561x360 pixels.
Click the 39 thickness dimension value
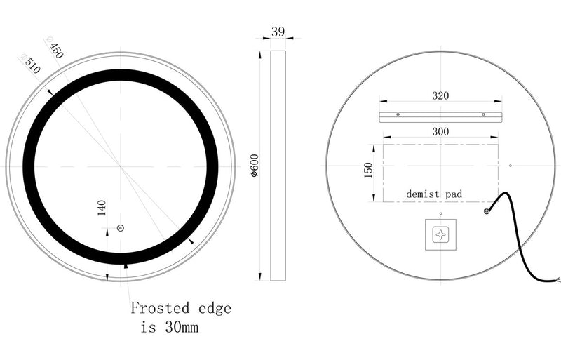278,32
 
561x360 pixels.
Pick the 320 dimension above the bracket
440,95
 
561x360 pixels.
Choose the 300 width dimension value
440,131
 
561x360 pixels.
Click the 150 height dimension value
369,171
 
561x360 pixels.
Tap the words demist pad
434,193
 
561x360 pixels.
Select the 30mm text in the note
186,328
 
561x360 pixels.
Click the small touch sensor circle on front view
120,227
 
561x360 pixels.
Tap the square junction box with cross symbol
441,234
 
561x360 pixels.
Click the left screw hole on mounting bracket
398,114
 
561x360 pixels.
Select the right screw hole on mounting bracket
483,114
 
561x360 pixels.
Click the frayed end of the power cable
556,281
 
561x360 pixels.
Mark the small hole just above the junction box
440,213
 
